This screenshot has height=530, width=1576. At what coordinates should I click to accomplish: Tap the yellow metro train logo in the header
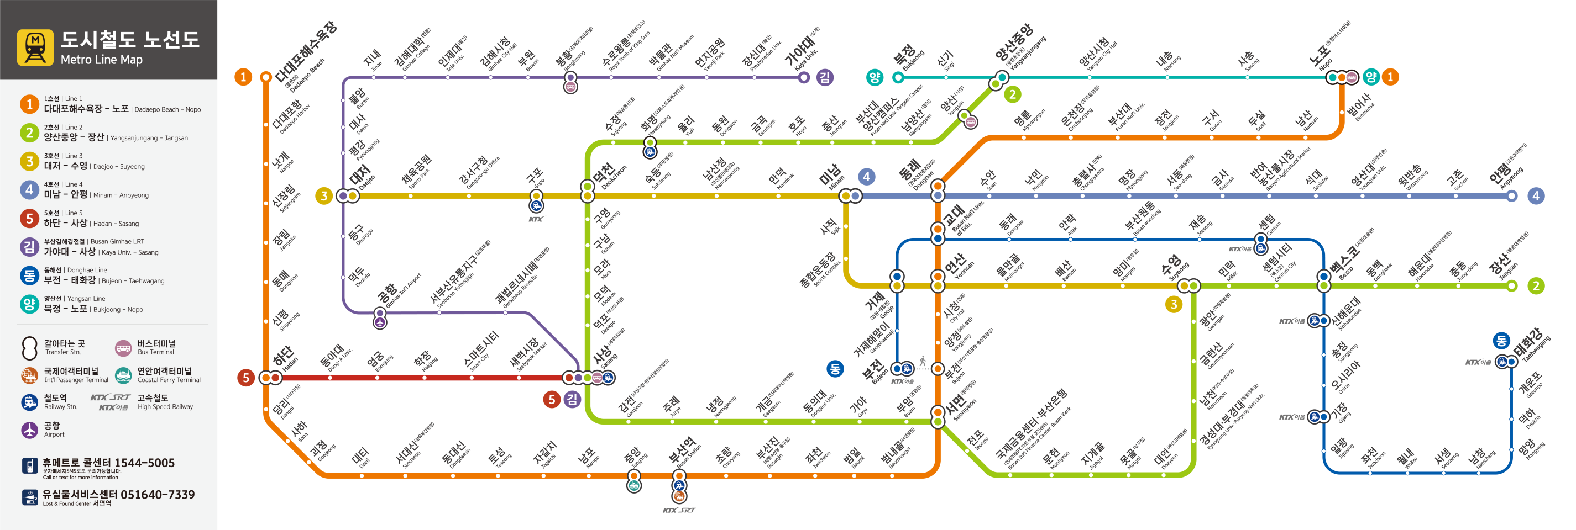point(35,47)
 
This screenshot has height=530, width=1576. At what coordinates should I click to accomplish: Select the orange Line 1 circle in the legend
point(29,104)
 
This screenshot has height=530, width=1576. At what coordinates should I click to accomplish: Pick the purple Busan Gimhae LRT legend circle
point(29,246)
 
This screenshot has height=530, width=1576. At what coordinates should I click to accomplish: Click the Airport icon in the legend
point(29,430)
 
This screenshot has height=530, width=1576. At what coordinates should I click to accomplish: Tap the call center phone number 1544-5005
point(145,463)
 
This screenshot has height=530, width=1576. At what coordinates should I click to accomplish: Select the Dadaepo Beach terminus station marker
point(265,77)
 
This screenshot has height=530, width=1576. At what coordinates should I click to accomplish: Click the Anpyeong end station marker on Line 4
point(1512,196)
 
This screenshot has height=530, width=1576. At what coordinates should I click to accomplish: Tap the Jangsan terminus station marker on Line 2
point(1512,285)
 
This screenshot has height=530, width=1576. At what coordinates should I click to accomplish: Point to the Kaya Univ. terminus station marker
point(804,77)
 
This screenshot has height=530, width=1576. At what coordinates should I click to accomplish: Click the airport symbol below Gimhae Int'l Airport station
point(380,323)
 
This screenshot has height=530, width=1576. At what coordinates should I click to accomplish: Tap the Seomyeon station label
point(961,408)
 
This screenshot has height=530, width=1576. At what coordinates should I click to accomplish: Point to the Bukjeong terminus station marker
point(898,77)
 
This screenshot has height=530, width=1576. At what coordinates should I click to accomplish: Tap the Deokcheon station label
point(608,175)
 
